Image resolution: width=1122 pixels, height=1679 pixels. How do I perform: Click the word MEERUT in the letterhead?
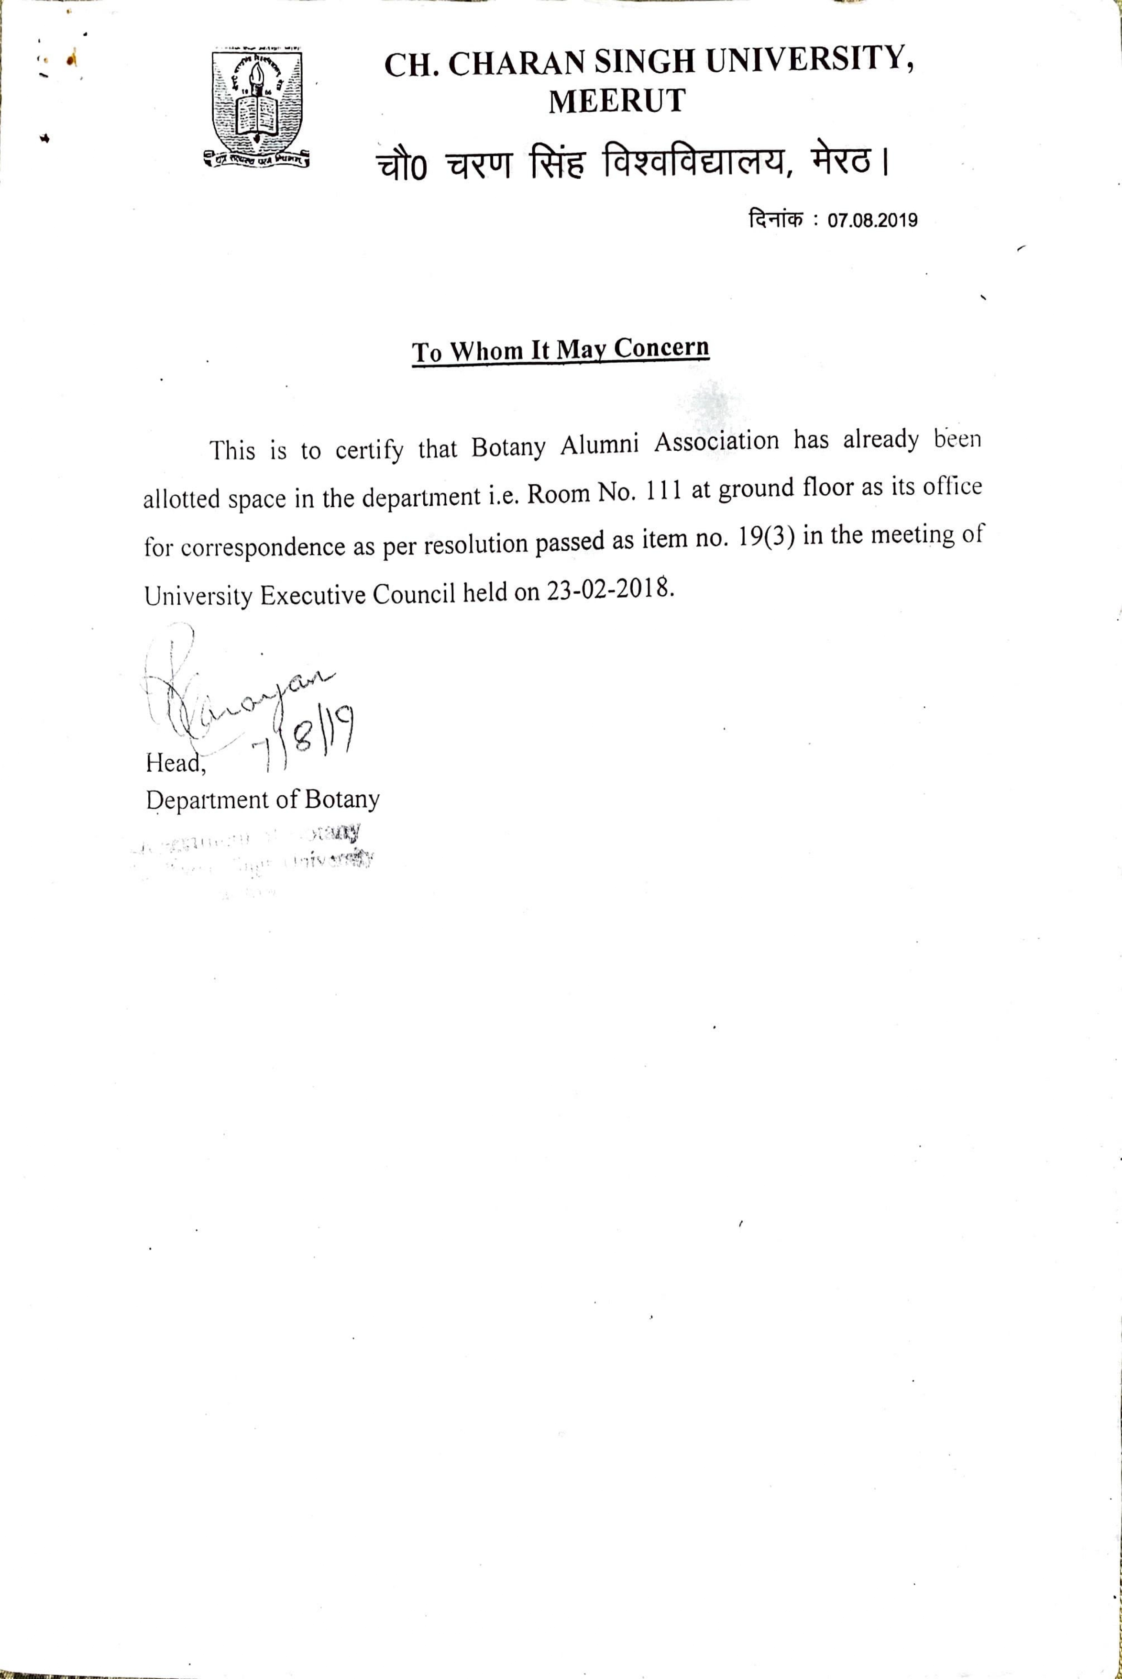point(617,101)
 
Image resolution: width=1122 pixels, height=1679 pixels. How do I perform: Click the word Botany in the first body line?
point(508,447)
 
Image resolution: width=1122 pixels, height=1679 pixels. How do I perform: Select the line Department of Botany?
point(263,800)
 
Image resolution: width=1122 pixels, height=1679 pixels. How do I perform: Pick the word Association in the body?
point(716,442)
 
